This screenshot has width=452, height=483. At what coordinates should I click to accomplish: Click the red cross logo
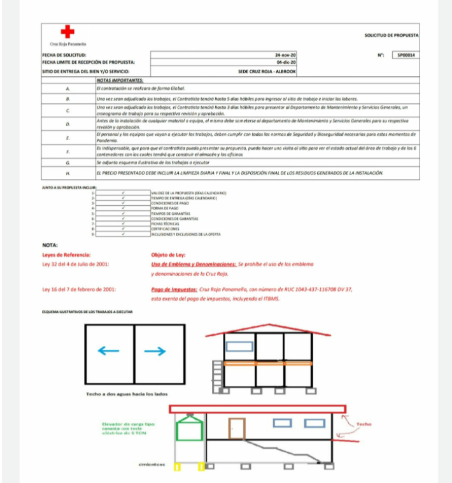click(x=67, y=32)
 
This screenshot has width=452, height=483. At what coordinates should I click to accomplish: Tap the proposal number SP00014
click(x=406, y=55)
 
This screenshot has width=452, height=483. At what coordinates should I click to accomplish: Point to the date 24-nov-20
click(x=286, y=55)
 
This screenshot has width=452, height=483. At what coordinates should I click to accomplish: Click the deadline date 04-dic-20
click(x=286, y=62)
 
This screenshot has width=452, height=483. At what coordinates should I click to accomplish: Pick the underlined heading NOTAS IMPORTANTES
click(x=120, y=80)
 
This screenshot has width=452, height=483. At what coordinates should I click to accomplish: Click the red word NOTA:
click(x=50, y=245)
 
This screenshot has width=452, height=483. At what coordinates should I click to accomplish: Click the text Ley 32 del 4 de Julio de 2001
click(x=75, y=263)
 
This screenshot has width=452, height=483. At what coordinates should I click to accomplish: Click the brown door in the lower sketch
click(x=237, y=428)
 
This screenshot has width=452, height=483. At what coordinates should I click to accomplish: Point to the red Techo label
click(x=363, y=424)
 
